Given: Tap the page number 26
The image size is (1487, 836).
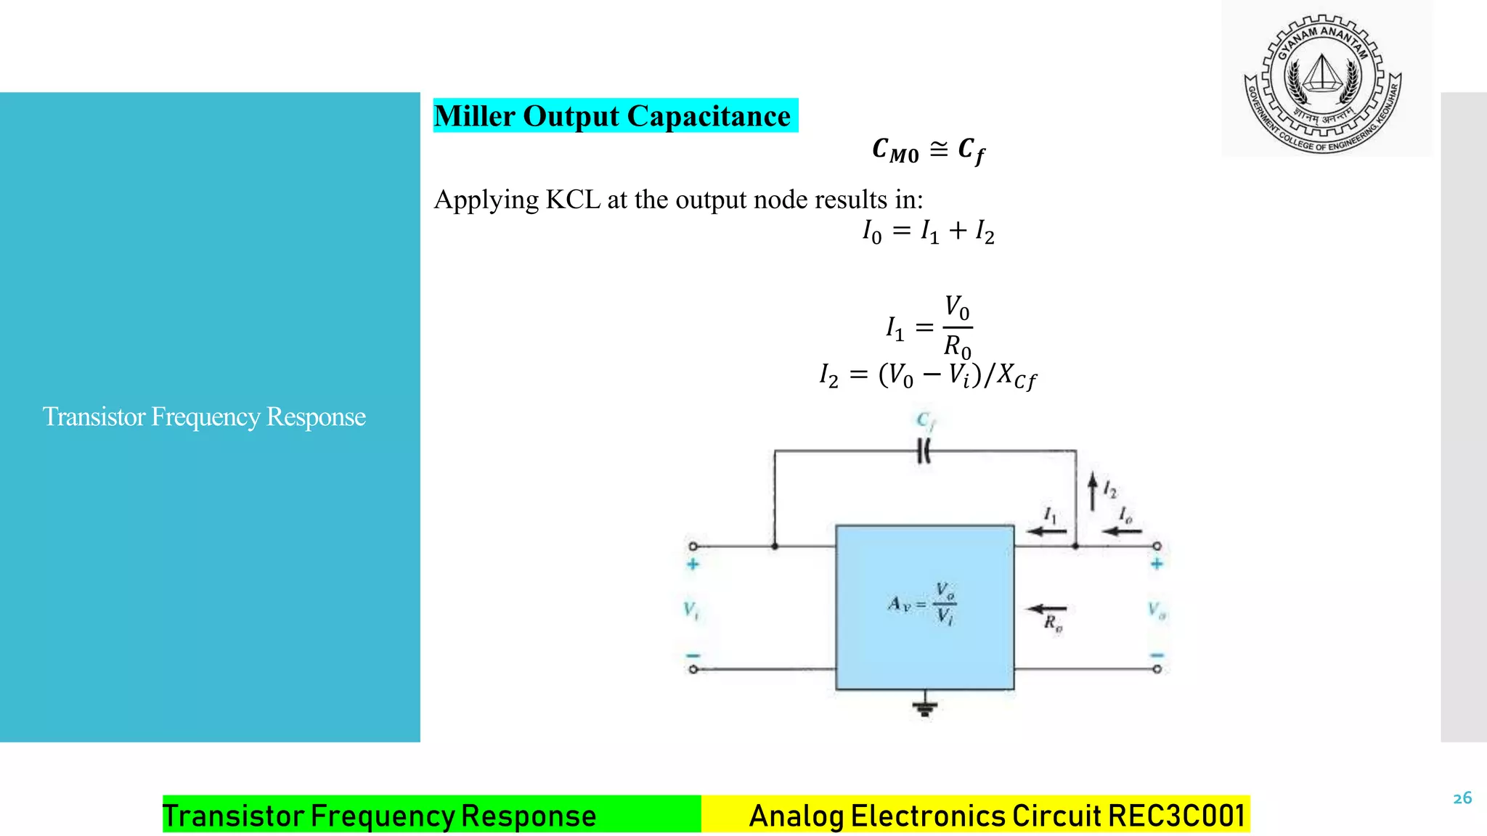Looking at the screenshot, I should point(1462,798).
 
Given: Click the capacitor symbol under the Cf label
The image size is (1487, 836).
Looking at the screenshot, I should point(924,451).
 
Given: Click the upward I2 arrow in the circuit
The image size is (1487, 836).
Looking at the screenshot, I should point(1092,491).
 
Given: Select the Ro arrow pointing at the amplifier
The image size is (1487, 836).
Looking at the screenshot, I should point(1047,609).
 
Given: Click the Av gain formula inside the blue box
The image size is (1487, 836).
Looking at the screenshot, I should point(923,603).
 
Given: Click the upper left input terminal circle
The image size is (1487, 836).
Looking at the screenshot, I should point(693,546).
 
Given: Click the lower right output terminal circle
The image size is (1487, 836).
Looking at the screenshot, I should point(1157,669).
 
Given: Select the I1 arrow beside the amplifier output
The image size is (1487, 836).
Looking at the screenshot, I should point(1046,530).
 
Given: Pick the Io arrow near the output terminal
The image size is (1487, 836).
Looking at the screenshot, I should point(1122,530).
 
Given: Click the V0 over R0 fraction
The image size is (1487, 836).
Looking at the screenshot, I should point(957,327).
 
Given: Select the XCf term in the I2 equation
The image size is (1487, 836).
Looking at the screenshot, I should point(1017,376).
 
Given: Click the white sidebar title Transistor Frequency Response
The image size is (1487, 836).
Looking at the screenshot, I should point(204,417).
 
